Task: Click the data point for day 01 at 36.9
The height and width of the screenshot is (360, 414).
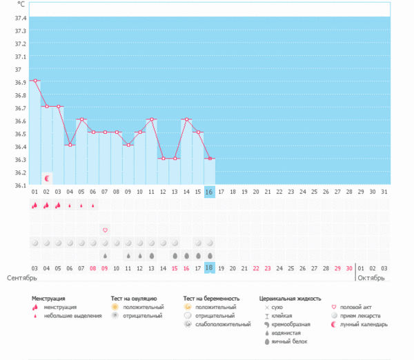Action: point(35,81)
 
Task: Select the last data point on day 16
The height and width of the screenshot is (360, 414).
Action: point(210,159)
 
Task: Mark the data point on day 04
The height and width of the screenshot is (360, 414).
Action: point(70,145)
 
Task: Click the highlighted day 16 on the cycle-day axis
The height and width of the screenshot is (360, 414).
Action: point(210,192)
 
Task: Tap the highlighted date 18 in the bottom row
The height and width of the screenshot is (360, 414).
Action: point(210,268)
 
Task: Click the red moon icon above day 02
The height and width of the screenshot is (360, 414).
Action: point(47,178)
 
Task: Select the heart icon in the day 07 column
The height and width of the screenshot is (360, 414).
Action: point(105,230)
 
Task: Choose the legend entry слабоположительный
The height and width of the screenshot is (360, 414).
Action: point(223,324)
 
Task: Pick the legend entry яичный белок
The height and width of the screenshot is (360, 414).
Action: point(289,341)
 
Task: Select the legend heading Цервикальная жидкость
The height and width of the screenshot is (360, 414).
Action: point(290,299)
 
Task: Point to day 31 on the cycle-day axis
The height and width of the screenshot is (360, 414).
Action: point(384,192)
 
